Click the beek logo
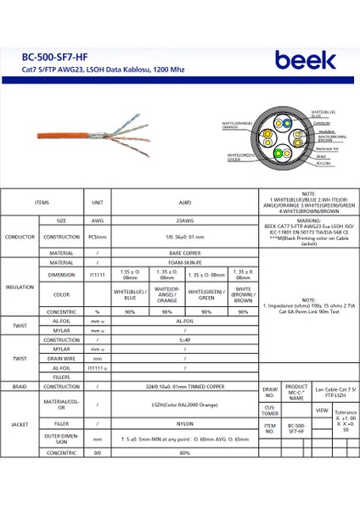pyautogui.click(x=305, y=61)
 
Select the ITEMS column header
pyautogui.click(x=42, y=203)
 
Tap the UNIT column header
pyautogui.click(x=97, y=203)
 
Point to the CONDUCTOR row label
pyautogui.click(x=20, y=237)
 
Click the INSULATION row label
pyautogui.click(x=20, y=288)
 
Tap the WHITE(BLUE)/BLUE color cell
pyautogui.click(x=130, y=295)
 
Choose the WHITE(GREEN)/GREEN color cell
pyautogui.click(x=206, y=295)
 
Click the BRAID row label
pyautogui.click(x=20, y=386)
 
